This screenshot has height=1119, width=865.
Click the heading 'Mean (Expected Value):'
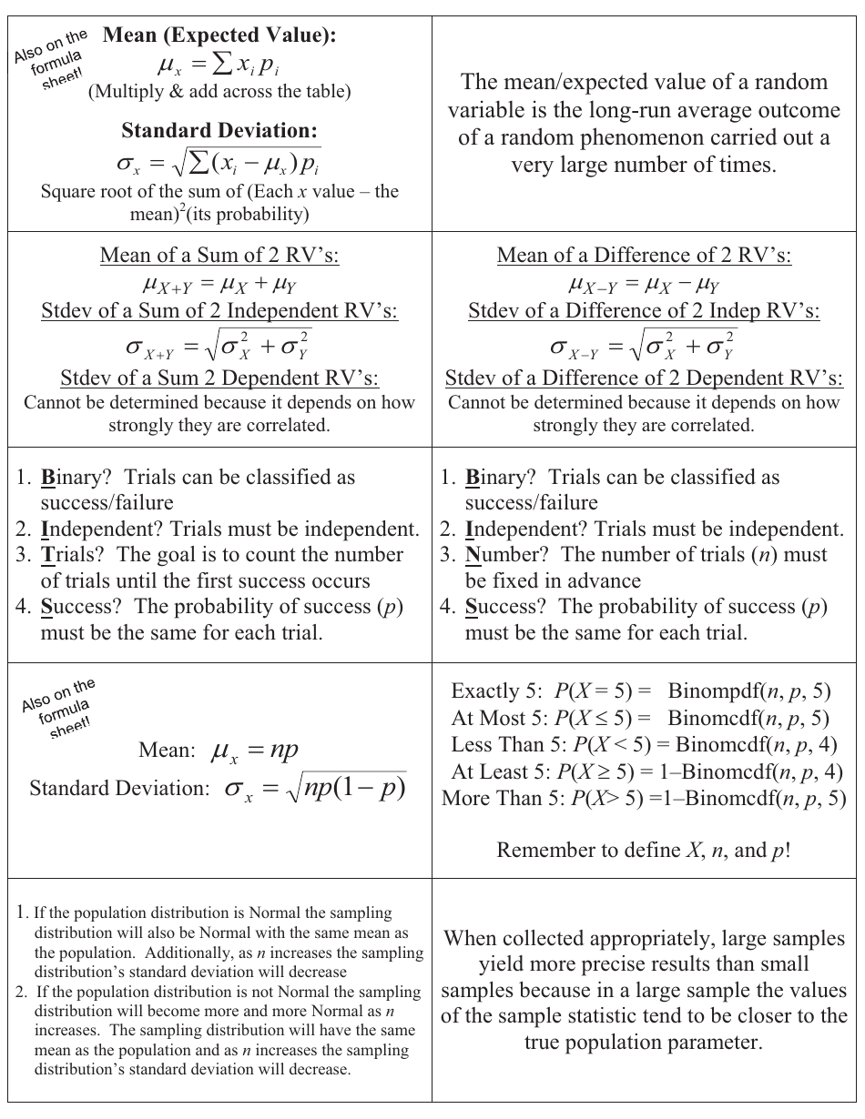click(219, 35)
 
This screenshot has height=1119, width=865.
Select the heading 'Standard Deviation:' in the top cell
click(219, 131)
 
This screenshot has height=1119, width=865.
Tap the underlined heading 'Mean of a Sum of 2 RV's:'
click(219, 256)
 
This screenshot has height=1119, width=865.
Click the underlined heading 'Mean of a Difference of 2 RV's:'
click(644, 256)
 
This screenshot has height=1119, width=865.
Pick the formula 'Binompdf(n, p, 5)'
click(748, 691)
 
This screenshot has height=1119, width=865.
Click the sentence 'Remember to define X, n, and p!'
click(644, 851)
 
